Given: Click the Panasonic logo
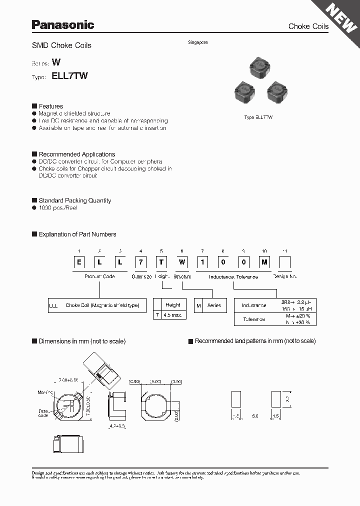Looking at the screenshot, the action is tap(63, 24).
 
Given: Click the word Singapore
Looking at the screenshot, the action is tap(198, 42).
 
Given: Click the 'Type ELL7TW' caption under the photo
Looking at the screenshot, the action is tap(258, 117).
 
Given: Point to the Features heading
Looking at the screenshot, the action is tap(50, 106).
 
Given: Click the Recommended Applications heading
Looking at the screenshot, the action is tap(76, 154).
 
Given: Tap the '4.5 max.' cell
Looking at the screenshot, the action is tap(173, 315).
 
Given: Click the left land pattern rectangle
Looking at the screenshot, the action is tap(236, 400).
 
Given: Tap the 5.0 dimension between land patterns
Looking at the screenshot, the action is tap(255, 416).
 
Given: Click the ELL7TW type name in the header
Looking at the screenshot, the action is tap(69, 76).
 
